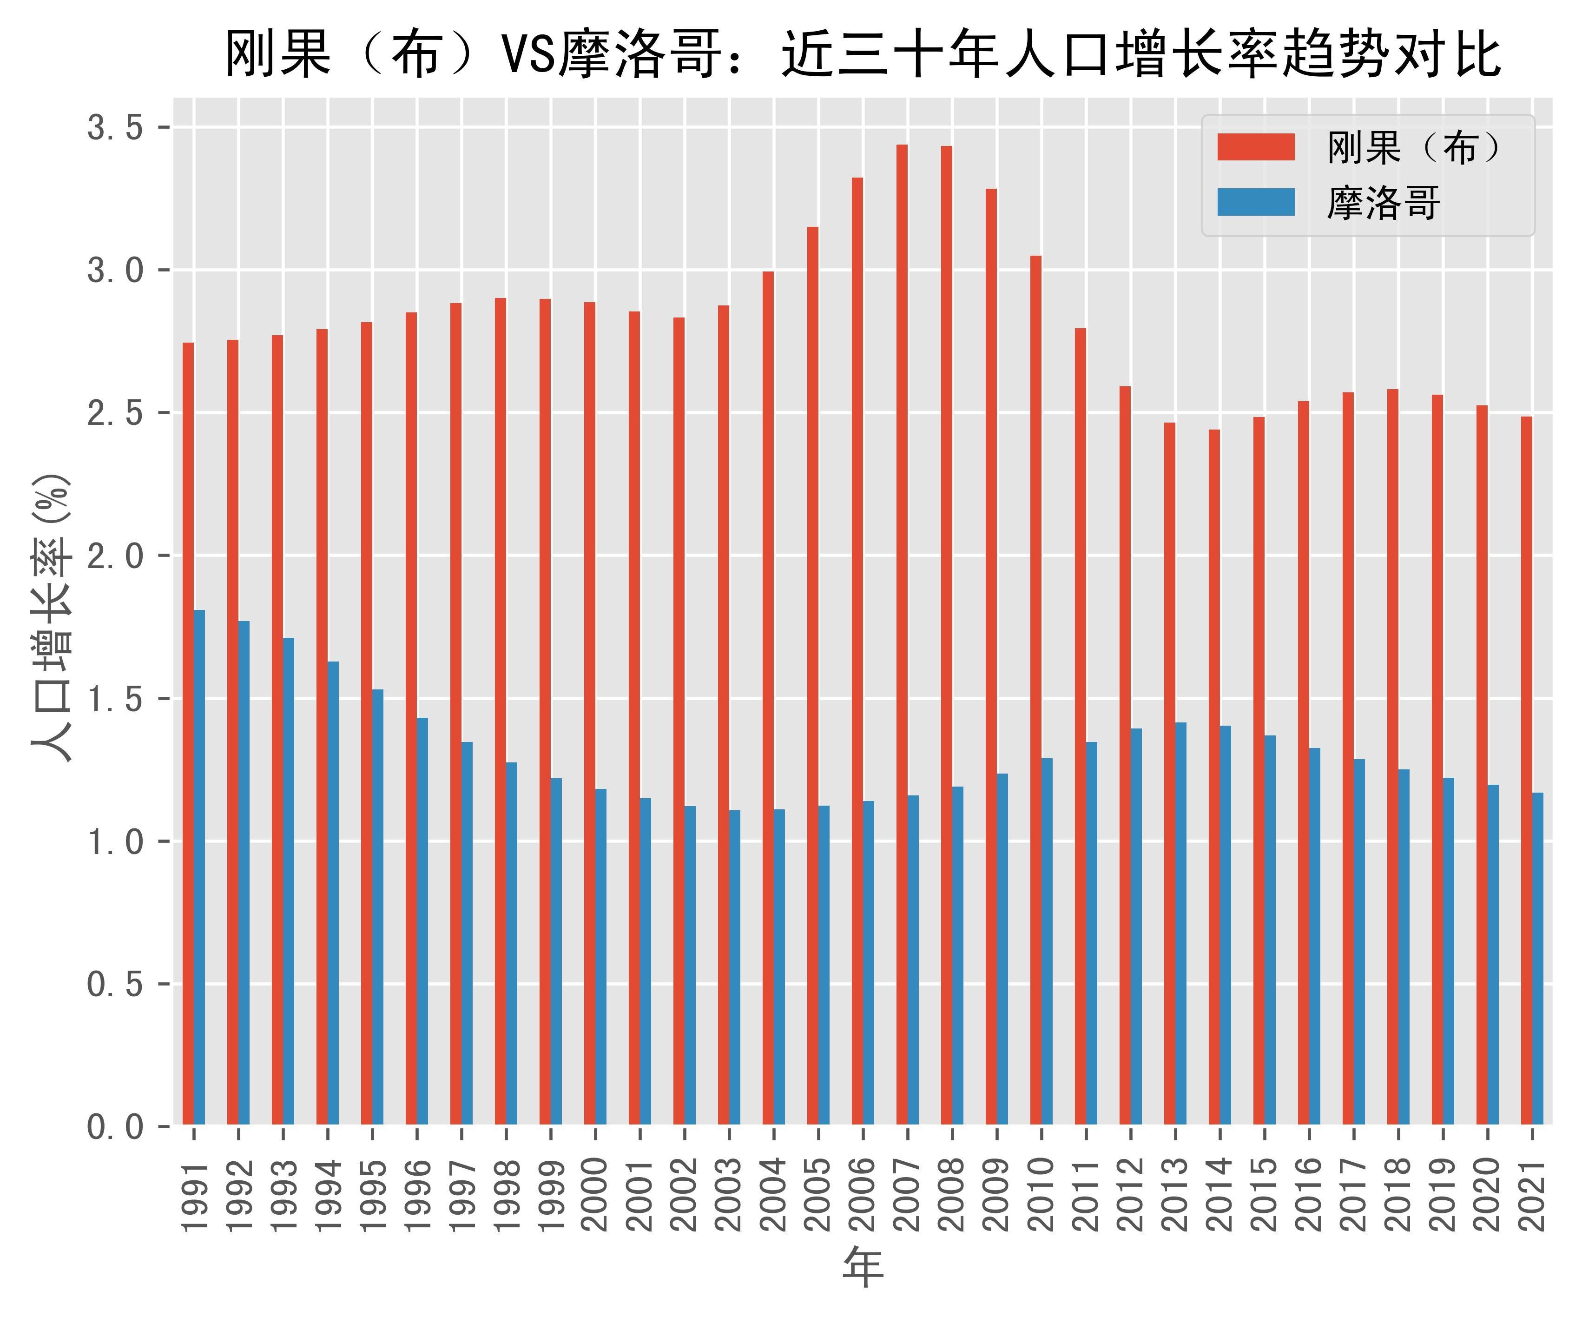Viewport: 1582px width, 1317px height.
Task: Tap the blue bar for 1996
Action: point(422,921)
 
